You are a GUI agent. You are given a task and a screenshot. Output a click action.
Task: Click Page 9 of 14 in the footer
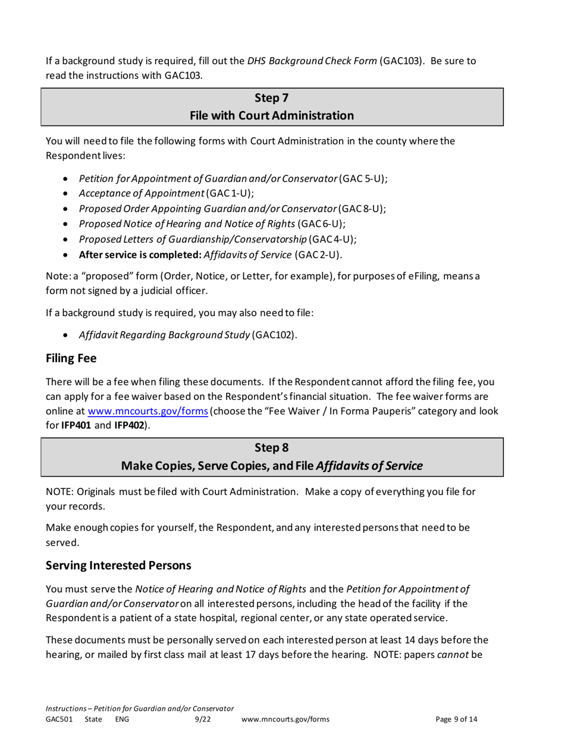[456, 720]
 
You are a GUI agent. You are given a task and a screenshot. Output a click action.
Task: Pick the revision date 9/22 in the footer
[204, 720]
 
